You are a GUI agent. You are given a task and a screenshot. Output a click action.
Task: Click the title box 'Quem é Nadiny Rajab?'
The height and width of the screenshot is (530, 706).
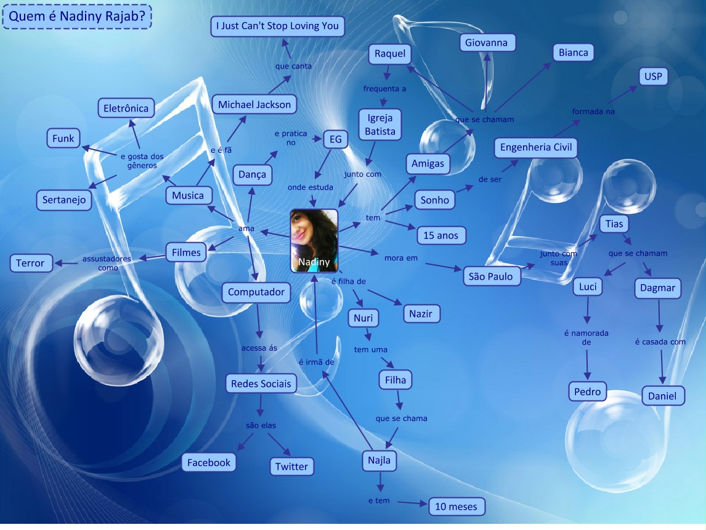click(x=77, y=15)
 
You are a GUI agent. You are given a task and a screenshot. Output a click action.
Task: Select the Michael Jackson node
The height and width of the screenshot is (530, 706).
click(x=254, y=105)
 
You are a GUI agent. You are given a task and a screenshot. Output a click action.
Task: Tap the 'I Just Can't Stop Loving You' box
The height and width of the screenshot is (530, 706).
click(x=277, y=26)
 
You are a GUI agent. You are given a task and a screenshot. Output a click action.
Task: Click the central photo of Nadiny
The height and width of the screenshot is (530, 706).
click(x=314, y=240)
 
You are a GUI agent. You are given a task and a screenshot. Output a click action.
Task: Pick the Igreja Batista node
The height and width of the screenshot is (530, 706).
click(x=380, y=124)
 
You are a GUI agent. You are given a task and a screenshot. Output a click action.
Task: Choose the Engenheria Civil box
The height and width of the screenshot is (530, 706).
click(x=536, y=147)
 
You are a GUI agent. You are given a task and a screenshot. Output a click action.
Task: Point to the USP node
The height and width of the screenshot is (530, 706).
click(x=652, y=77)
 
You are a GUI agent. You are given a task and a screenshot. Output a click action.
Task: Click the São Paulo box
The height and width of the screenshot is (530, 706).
click(x=490, y=277)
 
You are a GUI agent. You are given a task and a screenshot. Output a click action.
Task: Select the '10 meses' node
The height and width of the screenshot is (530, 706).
click(x=456, y=507)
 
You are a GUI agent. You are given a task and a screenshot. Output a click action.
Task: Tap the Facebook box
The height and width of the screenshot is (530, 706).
click(x=209, y=463)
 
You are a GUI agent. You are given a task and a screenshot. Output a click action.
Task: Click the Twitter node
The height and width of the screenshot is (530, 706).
click(x=291, y=467)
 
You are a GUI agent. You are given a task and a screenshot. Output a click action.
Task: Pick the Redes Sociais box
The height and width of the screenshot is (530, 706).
click(x=261, y=384)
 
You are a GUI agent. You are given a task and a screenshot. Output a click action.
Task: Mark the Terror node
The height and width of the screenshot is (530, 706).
click(x=30, y=263)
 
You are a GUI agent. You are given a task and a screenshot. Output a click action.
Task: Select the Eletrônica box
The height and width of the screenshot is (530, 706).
click(x=126, y=108)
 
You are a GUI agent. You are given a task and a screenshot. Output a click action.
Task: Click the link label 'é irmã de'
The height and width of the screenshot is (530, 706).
click(x=316, y=362)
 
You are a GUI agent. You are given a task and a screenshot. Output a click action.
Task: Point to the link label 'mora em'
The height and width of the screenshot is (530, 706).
click(x=400, y=258)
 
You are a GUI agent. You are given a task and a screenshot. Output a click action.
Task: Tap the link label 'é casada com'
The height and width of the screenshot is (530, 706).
click(x=660, y=342)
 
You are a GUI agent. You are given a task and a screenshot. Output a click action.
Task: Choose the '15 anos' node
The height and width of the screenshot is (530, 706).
click(x=441, y=235)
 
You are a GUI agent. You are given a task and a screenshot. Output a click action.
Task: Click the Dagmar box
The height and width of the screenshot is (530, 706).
click(x=657, y=288)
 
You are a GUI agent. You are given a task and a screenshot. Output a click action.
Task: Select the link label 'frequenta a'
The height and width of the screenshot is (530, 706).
click(x=384, y=89)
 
